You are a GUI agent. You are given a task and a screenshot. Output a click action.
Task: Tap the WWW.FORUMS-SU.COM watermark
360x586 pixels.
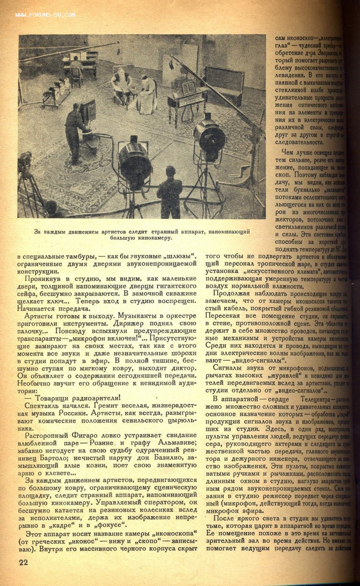pos(45,16)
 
